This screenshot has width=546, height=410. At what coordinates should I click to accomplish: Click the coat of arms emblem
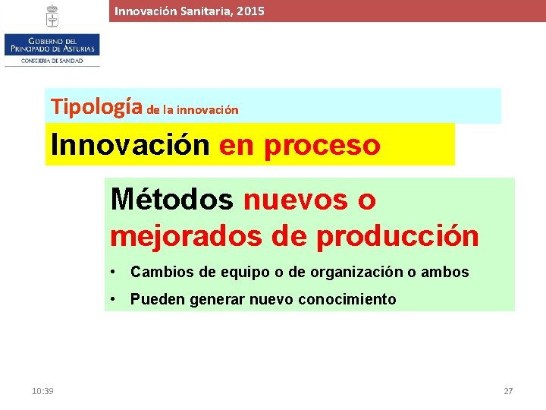pyautogui.click(x=52, y=16)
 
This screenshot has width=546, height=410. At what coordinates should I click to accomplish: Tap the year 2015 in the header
pyautogui.click(x=250, y=11)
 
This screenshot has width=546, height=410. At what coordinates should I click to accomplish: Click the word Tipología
pyautogui.click(x=96, y=107)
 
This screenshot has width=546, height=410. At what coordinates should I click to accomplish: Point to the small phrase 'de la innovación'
pyautogui.click(x=193, y=110)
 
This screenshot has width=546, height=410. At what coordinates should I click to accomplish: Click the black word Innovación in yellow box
pyautogui.click(x=130, y=144)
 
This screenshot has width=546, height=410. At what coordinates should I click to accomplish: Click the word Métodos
pyautogui.click(x=171, y=200)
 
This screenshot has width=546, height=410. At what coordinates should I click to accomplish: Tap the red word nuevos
pyautogui.click(x=297, y=200)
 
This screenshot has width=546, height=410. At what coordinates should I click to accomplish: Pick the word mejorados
pyautogui.click(x=185, y=236)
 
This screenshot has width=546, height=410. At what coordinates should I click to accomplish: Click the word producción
pyautogui.click(x=397, y=236)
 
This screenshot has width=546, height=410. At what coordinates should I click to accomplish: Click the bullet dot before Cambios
pyautogui.click(x=112, y=272)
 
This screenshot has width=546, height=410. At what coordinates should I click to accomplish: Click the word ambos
pyautogui.click(x=448, y=272)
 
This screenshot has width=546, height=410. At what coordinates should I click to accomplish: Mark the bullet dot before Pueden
pyautogui.click(x=112, y=299)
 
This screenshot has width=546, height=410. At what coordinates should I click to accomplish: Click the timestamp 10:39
pyautogui.click(x=42, y=390)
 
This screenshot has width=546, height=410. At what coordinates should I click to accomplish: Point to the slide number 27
pyautogui.click(x=508, y=390)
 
